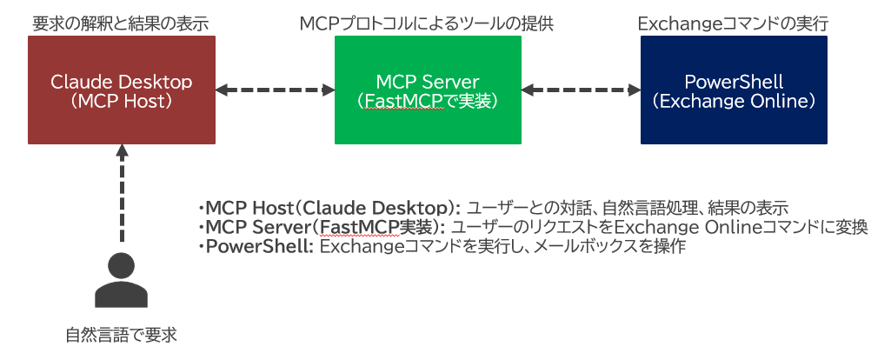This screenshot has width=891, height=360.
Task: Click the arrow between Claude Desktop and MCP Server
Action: pyautogui.click(x=275, y=89)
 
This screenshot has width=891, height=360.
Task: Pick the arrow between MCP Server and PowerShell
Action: pyautogui.click(x=581, y=89)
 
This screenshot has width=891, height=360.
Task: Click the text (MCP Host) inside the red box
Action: pyautogui.click(x=121, y=101)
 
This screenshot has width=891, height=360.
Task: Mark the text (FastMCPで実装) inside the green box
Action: pyautogui.click(x=428, y=101)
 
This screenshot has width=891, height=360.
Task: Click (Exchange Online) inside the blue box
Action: pyautogui.click(x=734, y=101)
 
